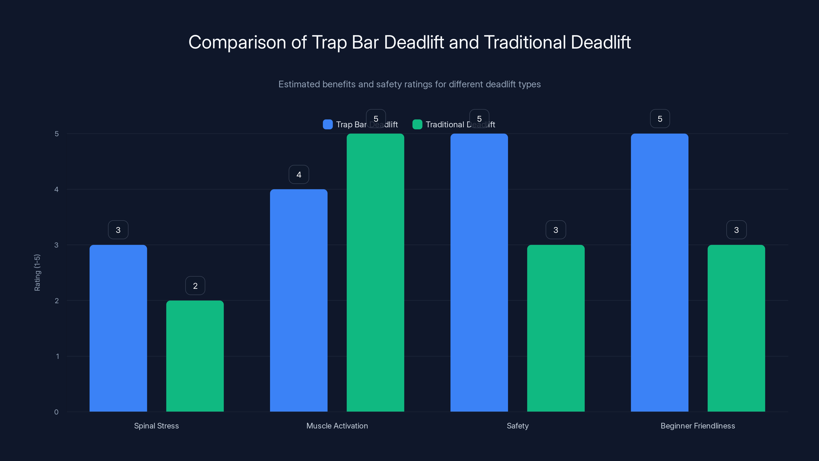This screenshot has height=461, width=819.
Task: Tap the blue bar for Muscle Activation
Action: pyautogui.click(x=298, y=300)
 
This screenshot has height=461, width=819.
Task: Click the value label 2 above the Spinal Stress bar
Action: pyautogui.click(x=195, y=286)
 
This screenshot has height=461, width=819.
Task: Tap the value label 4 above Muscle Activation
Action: pyautogui.click(x=298, y=174)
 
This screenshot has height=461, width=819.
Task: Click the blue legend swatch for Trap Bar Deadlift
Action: pyautogui.click(x=328, y=124)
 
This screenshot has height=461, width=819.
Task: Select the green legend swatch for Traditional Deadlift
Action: pyautogui.click(x=417, y=124)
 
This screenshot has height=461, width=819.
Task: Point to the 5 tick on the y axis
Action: pyautogui.click(x=57, y=134)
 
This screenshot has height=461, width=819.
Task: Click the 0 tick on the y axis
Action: pyautogui.click(x=56, y=412)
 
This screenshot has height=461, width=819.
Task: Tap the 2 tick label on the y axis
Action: pyautogui.click(x=57, y=301)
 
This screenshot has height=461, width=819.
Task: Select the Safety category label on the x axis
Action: pyautogui.click(x=517, y=426)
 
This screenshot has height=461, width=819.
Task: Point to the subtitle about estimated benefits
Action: pyautogui.click(x=409, y=84)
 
